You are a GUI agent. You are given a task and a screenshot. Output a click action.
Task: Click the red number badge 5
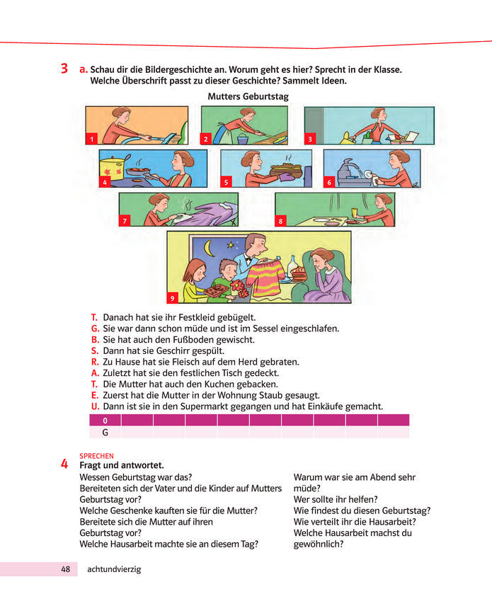click(226, 182)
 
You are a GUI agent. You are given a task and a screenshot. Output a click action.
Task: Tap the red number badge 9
click(172, 298)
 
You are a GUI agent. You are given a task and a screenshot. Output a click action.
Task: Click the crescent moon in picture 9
click(210, 249)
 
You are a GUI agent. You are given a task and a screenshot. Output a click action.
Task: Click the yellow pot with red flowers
click(113, 169)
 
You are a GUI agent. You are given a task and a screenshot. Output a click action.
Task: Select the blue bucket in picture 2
click(243, 139)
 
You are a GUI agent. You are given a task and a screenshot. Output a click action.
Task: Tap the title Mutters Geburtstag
click(248, 96)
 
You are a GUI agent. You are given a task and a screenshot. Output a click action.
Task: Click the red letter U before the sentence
click(95, 406)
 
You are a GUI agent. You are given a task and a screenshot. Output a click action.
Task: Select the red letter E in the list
click(95, 395)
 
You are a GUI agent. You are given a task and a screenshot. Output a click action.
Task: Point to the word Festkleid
click(195, 317)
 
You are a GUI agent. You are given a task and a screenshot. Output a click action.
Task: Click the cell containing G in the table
click(105, 433)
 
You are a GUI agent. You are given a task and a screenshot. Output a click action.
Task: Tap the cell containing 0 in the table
click(105, 421)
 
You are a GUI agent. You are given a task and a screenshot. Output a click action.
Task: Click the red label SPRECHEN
click(96, 456)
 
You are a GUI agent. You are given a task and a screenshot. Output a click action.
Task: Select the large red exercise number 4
click(64, 464)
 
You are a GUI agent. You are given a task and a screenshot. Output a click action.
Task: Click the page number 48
click(66, 569)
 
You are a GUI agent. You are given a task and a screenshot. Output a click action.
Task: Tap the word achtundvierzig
click(114, 569)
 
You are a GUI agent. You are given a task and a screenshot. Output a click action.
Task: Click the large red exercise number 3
click(64, 69)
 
